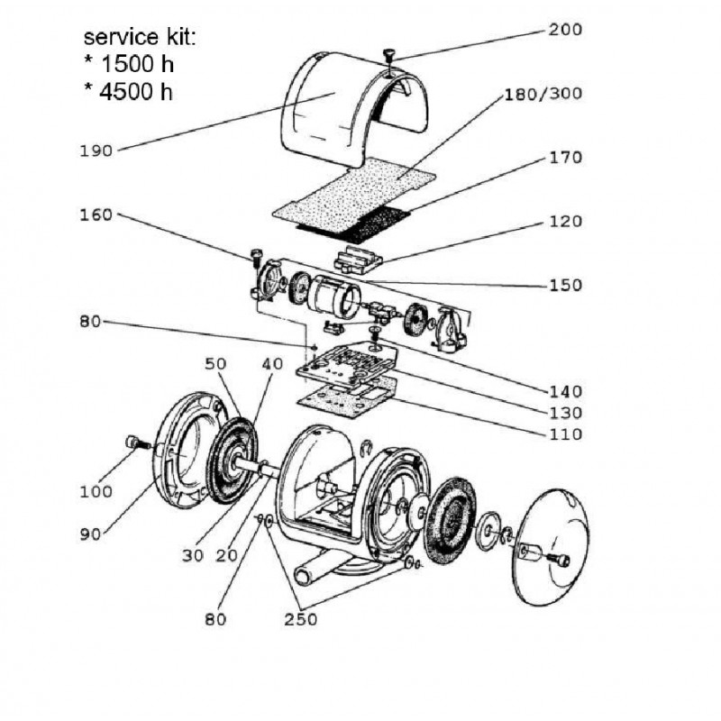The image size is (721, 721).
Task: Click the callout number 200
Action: click(x=565, y=30)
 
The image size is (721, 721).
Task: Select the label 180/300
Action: click(x=543, y=94)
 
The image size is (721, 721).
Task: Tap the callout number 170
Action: click(x=566, y=158)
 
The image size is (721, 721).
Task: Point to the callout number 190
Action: click(x=96, y=151)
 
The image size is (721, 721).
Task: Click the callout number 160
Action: click(x=96, y=214)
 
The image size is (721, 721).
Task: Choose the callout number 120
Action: click(x=566, y=222)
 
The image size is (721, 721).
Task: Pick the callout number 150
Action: click(x=566, y=286)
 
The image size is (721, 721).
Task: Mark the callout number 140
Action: click(x=566, y=392)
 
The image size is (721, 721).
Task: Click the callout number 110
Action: click(x=566, y=434)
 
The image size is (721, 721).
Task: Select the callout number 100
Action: click(x=96, y=492)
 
